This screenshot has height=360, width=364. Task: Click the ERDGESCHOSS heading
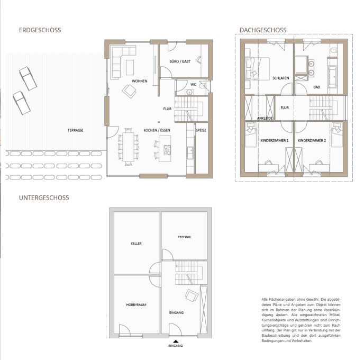coord(40,30)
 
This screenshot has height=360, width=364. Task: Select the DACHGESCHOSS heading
coord(263,30)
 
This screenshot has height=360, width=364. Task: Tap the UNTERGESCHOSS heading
coord(44,198)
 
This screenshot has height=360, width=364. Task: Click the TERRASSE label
coord(76,130)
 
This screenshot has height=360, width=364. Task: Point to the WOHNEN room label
coord(139,81)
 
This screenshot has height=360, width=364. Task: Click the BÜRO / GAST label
coord(180,61)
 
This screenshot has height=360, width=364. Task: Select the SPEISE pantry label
coord(201,130)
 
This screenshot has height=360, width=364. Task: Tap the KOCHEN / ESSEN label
coord(157,130)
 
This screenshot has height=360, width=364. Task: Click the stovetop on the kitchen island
coord(167,150)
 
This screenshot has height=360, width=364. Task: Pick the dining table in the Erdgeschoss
coord(129,147)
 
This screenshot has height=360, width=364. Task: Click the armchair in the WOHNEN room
coord(129,91)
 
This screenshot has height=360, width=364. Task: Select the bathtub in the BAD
coord(332,76)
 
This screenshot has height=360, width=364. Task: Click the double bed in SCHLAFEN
coord(257,69)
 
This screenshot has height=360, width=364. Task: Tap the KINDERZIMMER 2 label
coord(312,140)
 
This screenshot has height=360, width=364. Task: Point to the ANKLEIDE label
coord(265,118)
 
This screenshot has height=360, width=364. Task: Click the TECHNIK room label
coord(184,237)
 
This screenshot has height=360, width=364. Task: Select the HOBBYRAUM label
coord(136,305)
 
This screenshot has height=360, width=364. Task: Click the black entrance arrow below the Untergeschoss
coord(176,341)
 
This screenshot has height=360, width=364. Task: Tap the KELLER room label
coord(136,244)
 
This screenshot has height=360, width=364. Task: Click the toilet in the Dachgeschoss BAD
coord(334,50)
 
